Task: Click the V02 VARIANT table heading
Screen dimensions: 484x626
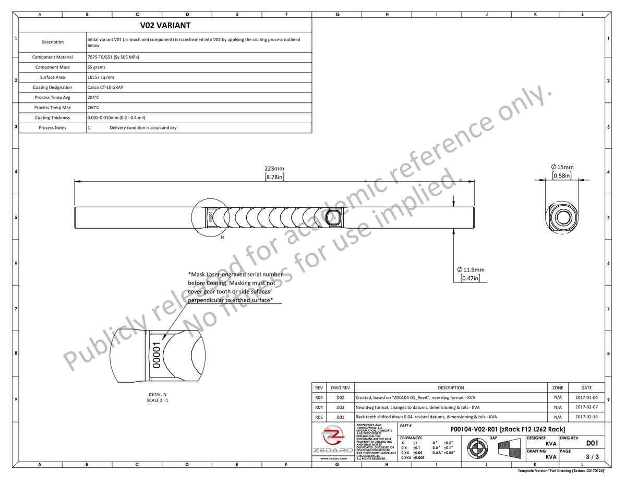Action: click(165, 26)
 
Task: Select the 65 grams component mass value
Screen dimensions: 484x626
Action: click(97, 67)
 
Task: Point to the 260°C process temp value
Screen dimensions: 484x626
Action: click(93, 108)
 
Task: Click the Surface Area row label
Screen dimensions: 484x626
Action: click(52, 77)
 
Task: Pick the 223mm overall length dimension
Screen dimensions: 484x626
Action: click(274, 169)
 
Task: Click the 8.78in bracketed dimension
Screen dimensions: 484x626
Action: click(274, 177)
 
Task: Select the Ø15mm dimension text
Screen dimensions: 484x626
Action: click(562, 167)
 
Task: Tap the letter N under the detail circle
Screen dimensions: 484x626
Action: click(222, 238)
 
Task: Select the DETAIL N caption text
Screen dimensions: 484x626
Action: click(157, 394)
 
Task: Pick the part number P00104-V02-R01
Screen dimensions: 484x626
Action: click(508, 429)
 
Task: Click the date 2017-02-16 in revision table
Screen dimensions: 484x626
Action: click(586, 417)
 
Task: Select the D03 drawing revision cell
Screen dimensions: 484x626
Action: click(340, 407)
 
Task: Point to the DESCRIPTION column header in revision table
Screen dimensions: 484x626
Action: click(451, 388)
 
